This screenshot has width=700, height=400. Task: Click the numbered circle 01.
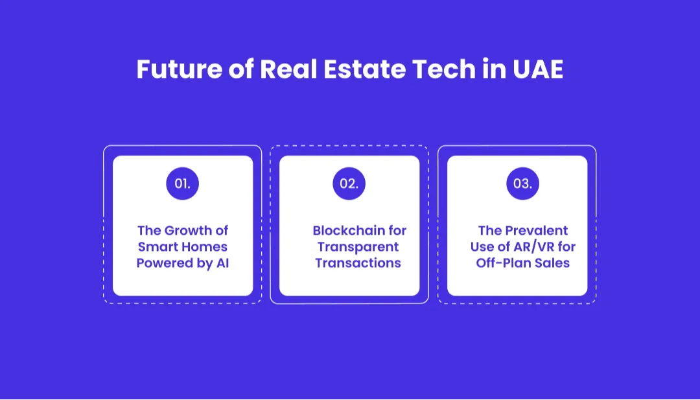tap(182, 183)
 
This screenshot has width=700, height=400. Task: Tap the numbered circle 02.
tap(349, 183)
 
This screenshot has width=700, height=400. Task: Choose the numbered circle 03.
tap(522, 183)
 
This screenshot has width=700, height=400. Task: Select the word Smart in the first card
tap(155, 247)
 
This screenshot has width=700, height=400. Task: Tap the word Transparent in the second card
tap(358, 247)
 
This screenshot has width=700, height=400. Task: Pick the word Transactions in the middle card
tap(358, 263)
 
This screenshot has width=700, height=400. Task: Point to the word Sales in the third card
tap(554, 263)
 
